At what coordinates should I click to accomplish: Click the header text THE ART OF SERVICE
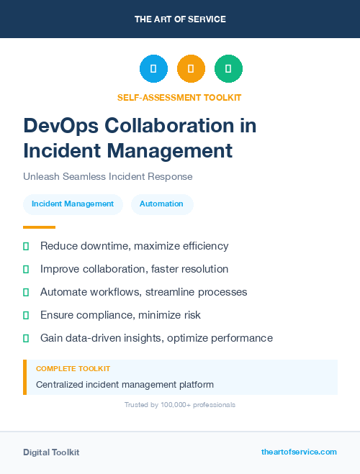click(180, 19)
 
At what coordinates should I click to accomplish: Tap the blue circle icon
click(153, 69)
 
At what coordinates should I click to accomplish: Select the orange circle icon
click(191, 69)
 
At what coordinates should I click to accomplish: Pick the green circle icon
click(228, 69)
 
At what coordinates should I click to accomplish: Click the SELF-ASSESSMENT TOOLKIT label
click(179, 97)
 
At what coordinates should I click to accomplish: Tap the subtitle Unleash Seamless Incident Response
click(108, 176)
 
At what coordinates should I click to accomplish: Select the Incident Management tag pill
click(73, 204)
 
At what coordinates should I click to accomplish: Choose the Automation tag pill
click(161, 204)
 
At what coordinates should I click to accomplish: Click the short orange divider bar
click(39, 227)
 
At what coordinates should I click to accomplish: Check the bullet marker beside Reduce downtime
click(26, 246)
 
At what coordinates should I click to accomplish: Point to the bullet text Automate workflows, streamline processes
click(143, 292)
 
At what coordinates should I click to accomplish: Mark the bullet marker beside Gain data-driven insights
click(26, 338)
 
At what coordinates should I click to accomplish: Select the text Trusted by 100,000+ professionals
click(180, 405)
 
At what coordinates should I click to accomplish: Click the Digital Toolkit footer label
click(51, 452)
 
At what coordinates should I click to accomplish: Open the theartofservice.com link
click(299, 452)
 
